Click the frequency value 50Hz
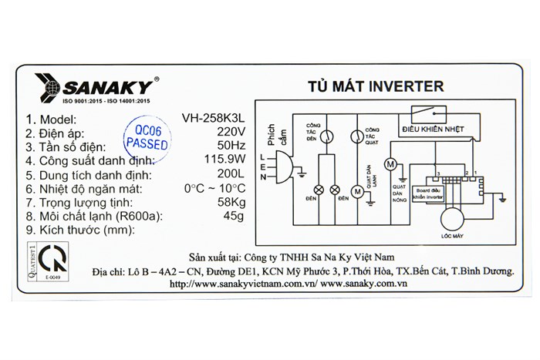[233, 146]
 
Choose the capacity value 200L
[233, 174]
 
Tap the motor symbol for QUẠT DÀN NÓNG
[390, 165]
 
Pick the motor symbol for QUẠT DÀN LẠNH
[356, 190]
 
